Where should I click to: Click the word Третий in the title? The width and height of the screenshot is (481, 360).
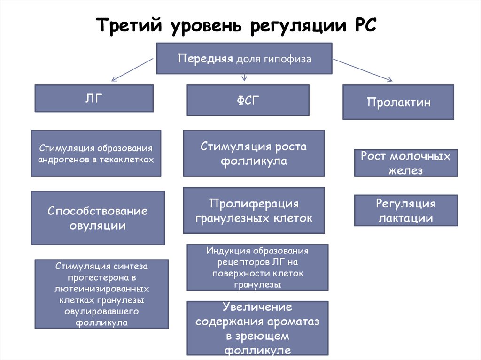click(126, 25)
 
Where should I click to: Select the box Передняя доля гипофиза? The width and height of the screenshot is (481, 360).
click(244, 59)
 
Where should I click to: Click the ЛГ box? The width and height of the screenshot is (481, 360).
click(94, 98)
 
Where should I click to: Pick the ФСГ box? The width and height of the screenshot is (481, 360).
click(248, 100)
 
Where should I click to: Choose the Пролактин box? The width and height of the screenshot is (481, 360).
click(398, 102)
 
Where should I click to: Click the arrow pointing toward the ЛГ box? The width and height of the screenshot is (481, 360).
click(131, 69)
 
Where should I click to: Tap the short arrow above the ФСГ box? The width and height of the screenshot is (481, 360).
click(244, 77)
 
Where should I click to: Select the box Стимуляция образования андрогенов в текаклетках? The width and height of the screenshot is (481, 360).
click(96, 153)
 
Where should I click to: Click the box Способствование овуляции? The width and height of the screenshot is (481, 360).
click(98, 218)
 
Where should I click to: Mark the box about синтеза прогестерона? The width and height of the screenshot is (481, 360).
click(101, 294)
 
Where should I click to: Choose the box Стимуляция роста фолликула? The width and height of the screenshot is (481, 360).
click(254, 153)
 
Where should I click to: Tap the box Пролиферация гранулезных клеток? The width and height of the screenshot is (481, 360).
click(254, 211)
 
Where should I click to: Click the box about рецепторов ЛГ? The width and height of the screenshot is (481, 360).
click(257, 268)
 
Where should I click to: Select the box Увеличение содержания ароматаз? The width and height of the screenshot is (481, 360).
click(257, 329)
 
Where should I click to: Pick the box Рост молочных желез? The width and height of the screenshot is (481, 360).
click(405, 163)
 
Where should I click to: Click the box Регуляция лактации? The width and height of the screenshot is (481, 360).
click(405, 211)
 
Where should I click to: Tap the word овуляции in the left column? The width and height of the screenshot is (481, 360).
click(98, 225)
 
